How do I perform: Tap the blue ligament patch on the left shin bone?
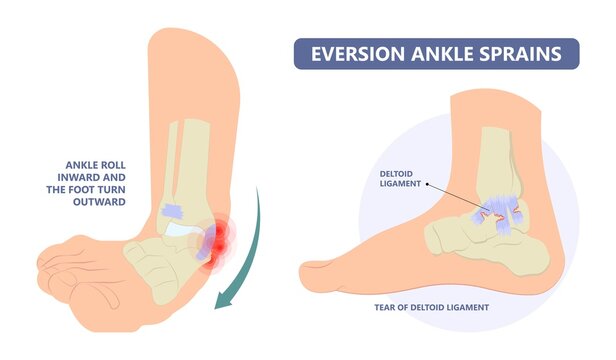pos(172,210)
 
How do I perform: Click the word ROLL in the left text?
pos(111,165)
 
